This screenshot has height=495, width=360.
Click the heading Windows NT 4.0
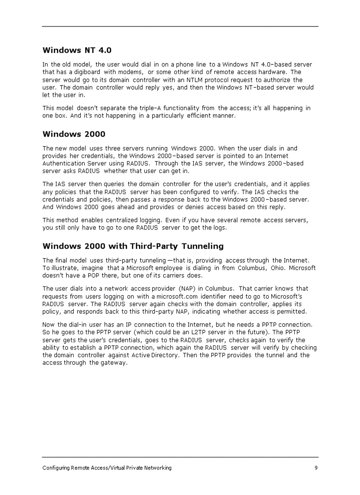tap(74, 50)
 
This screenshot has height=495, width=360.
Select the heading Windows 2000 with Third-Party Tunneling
tap(133, 246)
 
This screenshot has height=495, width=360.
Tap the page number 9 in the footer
tap(316, 468)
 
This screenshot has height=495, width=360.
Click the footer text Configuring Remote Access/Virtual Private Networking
tap(107, 468)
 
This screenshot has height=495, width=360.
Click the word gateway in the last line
tap(113, 363)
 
